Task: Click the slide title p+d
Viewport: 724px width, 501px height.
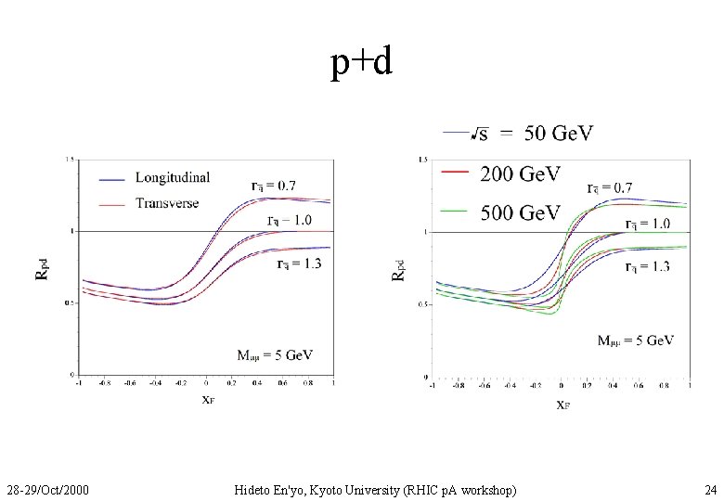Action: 362,62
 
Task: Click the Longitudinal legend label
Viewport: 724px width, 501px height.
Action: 173,176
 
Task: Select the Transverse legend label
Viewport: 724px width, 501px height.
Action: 167,203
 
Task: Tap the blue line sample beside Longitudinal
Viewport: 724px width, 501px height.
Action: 112,177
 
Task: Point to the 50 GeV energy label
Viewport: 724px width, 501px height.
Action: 559,134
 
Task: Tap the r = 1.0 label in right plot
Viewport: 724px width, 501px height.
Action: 648,224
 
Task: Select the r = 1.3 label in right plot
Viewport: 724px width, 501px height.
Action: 648,267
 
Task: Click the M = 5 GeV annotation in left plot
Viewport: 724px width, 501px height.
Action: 275,354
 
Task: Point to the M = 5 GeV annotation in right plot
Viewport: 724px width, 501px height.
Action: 635,340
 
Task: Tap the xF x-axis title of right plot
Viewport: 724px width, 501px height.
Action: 562,404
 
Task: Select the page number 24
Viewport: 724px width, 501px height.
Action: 710,489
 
